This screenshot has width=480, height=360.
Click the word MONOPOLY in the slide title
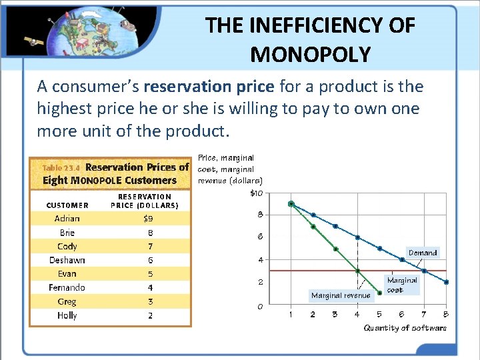tap(310, 54)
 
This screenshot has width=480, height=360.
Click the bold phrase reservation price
tap(209, 87)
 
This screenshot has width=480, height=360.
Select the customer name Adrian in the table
tap(67, 219)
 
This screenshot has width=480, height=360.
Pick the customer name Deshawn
tap(67, 260)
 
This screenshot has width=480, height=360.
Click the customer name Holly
tap(67, 315)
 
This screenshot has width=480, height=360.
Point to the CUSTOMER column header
tap(67, 205)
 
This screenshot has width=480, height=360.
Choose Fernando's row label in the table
tap(67, 287)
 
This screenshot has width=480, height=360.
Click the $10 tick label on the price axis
tap(256, 193)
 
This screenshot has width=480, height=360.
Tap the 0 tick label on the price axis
tap(260, 307)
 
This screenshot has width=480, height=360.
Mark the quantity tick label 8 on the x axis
tap(445, 315)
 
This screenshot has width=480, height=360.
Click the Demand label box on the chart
tap(423, 253)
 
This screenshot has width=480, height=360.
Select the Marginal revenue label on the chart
tap(341, 295)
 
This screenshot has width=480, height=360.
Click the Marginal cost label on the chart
tap(401, 285)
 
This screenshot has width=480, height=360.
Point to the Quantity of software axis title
tap(405, 328)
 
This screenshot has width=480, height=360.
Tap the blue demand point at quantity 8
tap(446, 282)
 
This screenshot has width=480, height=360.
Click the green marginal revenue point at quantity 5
tap(379, 293)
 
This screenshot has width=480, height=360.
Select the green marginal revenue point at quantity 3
tap(335, 249)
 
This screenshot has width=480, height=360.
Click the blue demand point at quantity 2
tap(313, 215)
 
